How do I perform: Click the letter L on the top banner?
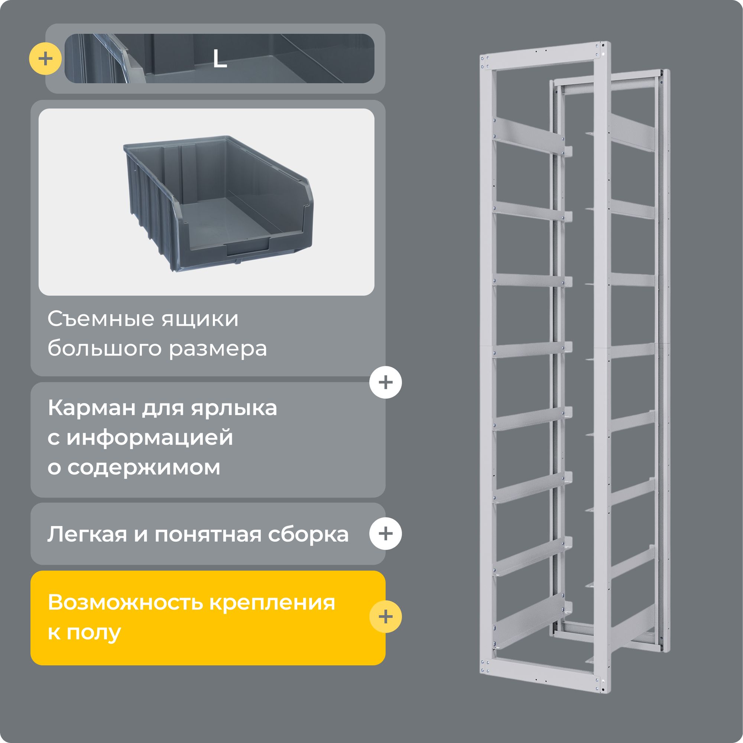click(220, 59)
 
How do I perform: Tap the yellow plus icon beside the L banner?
click(45, 59)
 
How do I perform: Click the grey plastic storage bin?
click(218, 204)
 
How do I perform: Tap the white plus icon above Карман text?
click(385, 382)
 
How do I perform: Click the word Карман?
click(91, 408)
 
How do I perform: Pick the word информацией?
click(150, 438)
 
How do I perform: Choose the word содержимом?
click(144, 467)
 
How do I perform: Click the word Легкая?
click(87, 534)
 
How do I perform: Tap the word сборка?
click(308, 534)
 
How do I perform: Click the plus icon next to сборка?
click(385, 533)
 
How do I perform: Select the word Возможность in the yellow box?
click(125, 602)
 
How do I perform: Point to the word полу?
click(94, 633)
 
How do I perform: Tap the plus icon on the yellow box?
click(385, 616)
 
